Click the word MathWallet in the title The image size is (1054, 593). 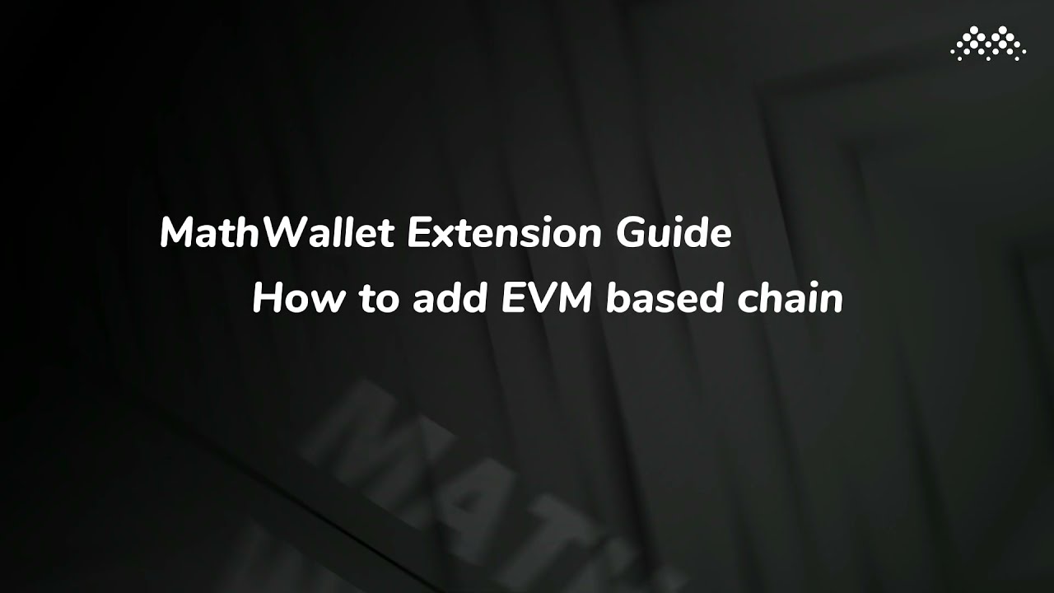(276, 235)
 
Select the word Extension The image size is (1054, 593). (504, 235)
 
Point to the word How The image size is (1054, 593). (299, 299)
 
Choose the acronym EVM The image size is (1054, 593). (547, 299)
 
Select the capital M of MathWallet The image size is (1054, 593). (180, 235)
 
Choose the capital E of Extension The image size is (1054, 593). (417, 235)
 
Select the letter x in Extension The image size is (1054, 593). (443, 238)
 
